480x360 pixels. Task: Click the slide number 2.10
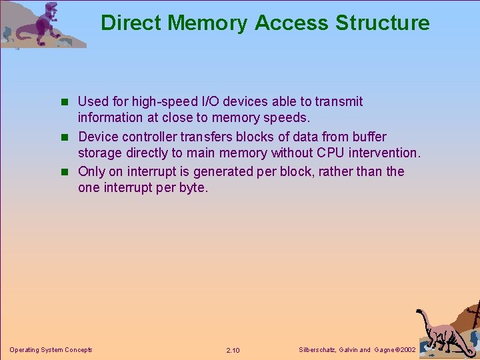233,350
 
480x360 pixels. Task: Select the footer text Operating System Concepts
51,349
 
